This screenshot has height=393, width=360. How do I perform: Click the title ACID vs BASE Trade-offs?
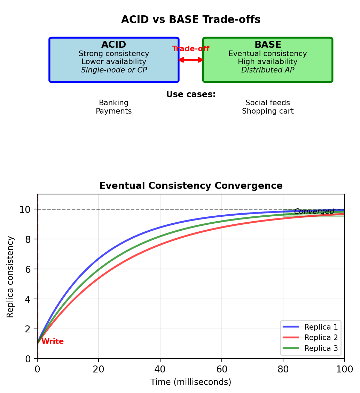pos(191,20)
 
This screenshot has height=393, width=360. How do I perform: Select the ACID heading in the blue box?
pos(114,45)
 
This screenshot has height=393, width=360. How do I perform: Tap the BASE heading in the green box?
pos(268,45)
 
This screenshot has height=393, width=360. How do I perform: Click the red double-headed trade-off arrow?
pos(191,60)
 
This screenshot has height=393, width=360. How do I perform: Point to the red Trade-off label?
pos(191,49)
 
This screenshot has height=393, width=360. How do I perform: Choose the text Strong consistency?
pos(114,54)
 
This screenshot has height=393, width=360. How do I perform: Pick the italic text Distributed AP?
pos(268,70)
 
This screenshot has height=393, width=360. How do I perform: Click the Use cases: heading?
pos(191,95)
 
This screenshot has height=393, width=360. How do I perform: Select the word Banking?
pos(114,103)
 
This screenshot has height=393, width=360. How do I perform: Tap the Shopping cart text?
pos(268,111)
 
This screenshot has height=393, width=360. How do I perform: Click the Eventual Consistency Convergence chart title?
pos(191,186)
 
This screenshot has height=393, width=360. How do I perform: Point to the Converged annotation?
pos(314,211)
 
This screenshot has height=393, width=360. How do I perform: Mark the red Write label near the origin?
pos(53,342)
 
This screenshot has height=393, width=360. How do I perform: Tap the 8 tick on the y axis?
pos(28,239)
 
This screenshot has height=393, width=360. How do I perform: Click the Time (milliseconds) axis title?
pos(191,382)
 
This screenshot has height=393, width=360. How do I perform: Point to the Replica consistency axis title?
pos(11,277)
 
